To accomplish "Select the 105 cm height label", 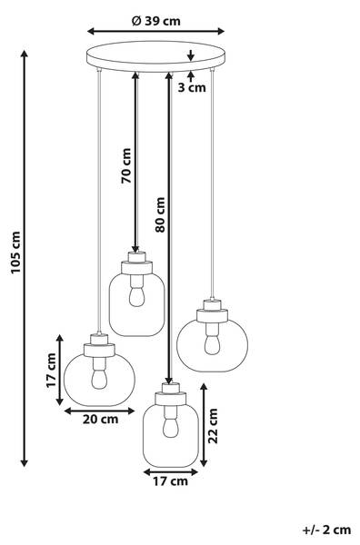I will tap(12, 259).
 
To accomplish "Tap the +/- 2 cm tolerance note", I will tap(328, 527).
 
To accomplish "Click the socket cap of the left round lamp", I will tap(97, 348).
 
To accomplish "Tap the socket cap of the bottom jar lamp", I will tap(167, 395).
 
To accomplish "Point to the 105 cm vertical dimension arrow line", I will tap(25, 259).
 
